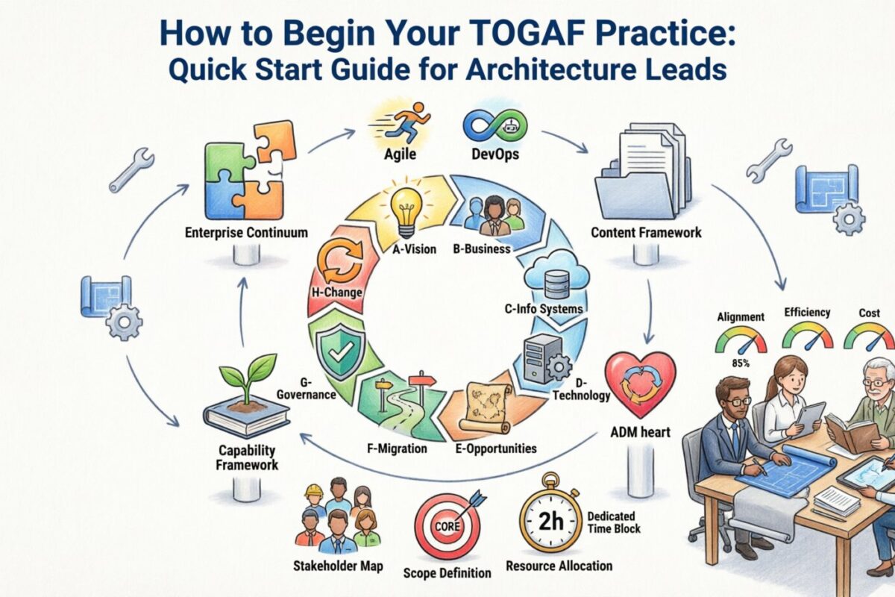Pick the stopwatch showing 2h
point(551,520)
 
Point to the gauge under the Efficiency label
point(808,338)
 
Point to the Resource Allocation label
point(559,566)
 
